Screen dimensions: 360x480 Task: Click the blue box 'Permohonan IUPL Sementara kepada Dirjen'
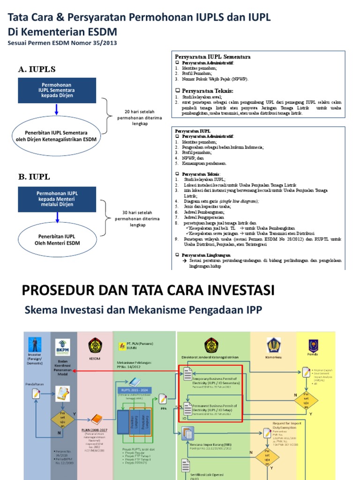(x=57, y=90)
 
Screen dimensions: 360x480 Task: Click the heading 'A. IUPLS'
(x=34, y=69)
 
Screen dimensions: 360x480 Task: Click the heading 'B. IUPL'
(x=34, y=177)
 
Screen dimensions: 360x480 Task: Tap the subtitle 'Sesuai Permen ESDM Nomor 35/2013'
(x=62, y=43)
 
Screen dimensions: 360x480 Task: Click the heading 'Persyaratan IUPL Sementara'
(x=212, y=57)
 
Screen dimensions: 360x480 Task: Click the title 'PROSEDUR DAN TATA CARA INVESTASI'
(x=148, y=290)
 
